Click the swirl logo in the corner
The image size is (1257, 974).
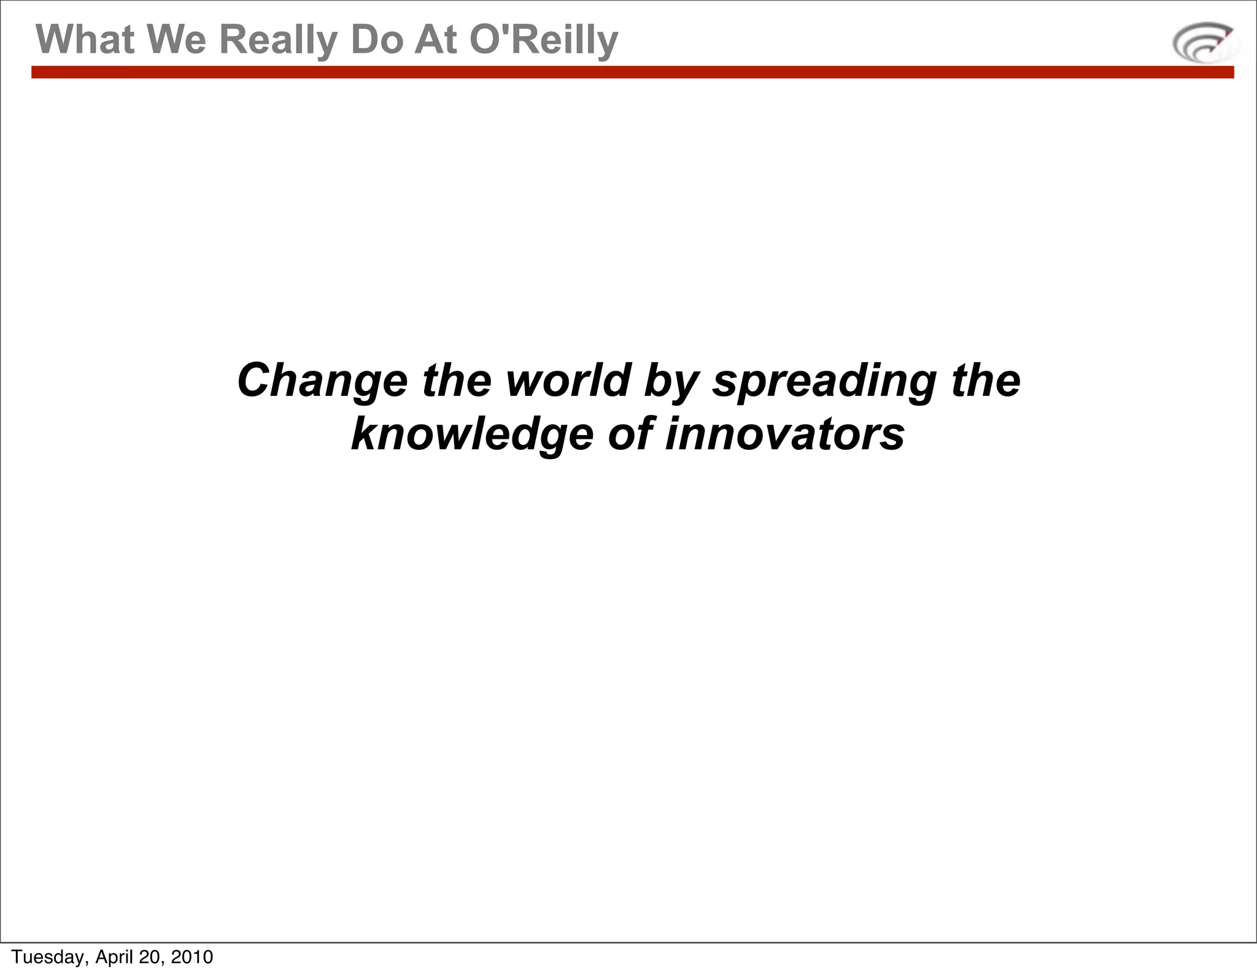1205,42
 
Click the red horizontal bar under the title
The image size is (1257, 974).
632,72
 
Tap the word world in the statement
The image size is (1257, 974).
568,381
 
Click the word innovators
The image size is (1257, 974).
785,434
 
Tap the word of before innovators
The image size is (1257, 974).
629,434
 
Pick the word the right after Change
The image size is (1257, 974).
457,381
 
